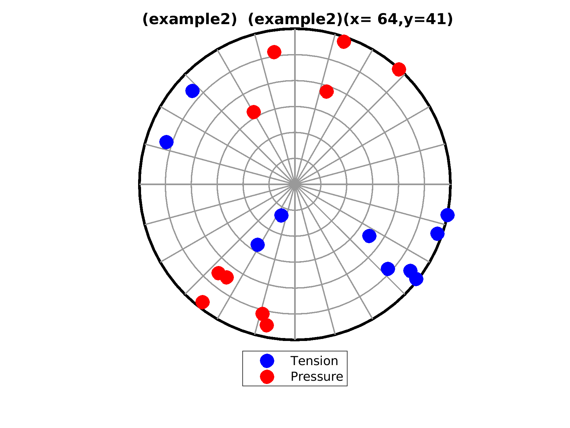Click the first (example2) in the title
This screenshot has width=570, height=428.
(x=190, y=20)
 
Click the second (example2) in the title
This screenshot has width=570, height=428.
(x=295, y=20)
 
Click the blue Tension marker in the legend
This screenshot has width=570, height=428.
(x=267, y=361)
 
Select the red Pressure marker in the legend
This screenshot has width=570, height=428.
(x=267, y=376)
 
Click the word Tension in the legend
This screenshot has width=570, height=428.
(x=314, y=361)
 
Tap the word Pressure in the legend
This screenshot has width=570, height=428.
(x=317, y=376)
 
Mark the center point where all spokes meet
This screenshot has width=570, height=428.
(x=295, y=184)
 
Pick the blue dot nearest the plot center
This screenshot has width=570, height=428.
(x=281, y=215)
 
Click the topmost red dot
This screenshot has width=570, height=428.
(x=344, y=42)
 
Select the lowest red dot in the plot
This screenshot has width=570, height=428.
(x=267, y=325)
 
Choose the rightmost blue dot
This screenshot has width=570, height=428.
(x=448, y=215)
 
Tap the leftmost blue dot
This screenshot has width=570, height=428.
(x=166, y=142)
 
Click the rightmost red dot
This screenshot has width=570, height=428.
(x=399, y=69)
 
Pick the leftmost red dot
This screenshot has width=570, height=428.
(x=203, y=302)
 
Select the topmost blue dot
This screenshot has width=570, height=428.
(x=192, y=91)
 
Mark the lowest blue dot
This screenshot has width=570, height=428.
(x=416, y=279)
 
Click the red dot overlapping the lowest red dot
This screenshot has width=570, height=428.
(x=263, y=314)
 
